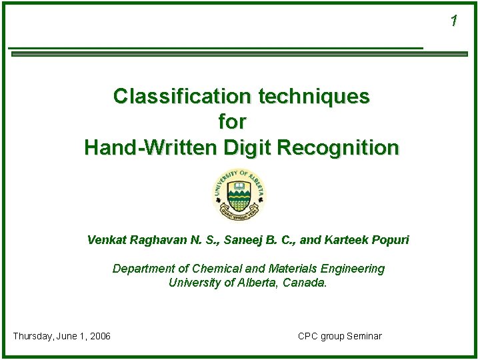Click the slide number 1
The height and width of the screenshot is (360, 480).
pos(453,21)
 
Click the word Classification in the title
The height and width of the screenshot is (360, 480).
pos(181,96)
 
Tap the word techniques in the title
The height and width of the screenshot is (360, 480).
pos(313,96)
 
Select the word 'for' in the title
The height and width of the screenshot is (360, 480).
pos(232,121)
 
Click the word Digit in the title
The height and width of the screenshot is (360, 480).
pos(247,147)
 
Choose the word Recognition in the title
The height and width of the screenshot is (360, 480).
pos(337,147)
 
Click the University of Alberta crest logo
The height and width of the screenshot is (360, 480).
pos(240,194)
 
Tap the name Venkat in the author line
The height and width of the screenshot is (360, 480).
pos(105,240)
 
